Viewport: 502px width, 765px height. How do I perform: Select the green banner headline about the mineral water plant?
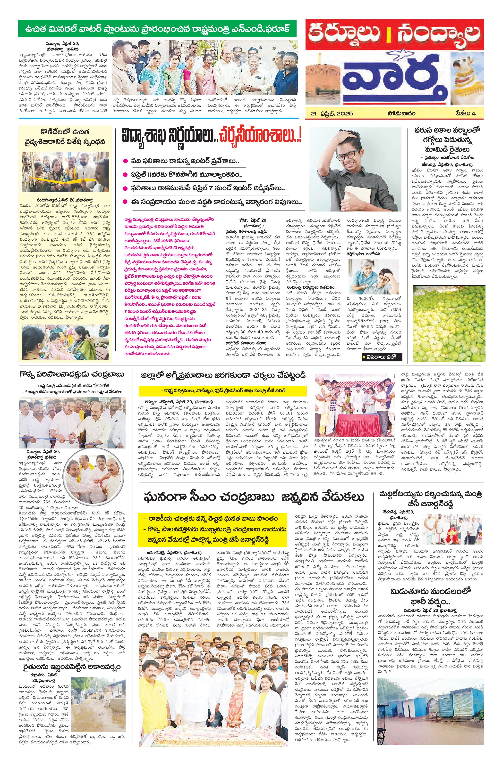coord(158,29)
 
